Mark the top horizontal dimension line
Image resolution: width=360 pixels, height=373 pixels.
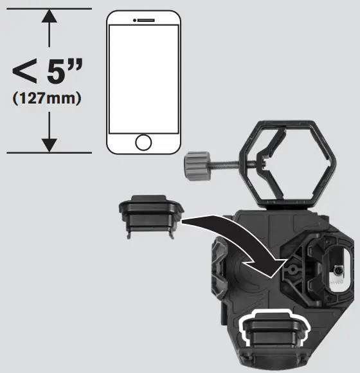pos(48,8)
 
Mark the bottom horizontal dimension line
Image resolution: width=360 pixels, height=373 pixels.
pos(48,152)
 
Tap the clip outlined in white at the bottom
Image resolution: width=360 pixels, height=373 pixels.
pos(274,334)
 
